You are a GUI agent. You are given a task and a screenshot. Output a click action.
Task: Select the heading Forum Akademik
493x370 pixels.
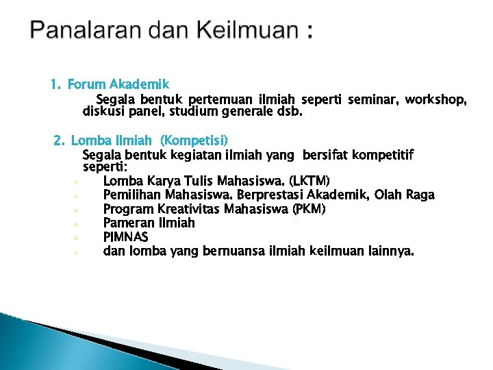118,85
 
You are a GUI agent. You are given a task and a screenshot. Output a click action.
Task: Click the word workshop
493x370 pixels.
435,99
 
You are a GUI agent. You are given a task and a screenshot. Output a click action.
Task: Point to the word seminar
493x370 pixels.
372,99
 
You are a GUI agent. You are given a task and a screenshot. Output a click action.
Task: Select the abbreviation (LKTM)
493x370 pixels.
309,181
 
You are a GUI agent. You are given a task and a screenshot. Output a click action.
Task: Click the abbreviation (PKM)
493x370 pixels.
309,208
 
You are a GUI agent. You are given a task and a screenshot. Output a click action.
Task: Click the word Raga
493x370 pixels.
420,195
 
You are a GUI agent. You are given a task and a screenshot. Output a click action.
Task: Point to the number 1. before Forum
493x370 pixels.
56,85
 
